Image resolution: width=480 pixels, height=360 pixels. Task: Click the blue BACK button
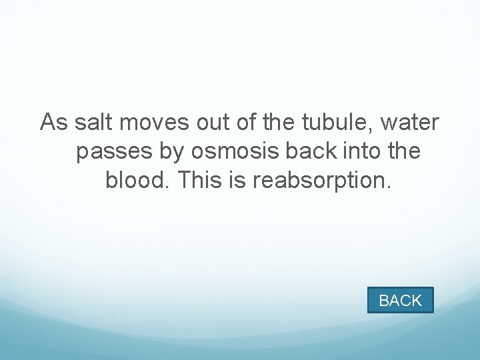click(400, 300)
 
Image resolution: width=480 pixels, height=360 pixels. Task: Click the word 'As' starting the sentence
click(54, 123)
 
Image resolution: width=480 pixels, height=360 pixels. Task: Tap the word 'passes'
click(115, 153)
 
